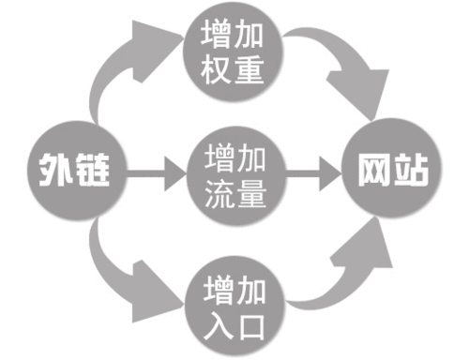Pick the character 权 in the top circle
pos(217,67)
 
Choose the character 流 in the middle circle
pos(217,194)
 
